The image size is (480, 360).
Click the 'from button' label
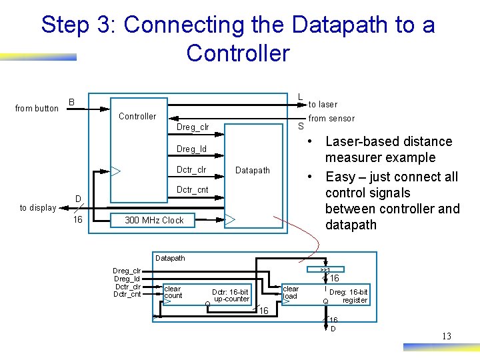(x=37, y=109)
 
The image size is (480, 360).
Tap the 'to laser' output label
(x=323, y=105)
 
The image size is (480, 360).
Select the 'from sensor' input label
(x=331, y=119)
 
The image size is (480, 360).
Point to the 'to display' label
(x=38, y=208)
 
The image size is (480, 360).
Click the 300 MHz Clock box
(x=154, y=220)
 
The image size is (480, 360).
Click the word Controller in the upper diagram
(x=137, y=117)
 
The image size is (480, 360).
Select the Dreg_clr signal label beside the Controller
(x=193, y=127)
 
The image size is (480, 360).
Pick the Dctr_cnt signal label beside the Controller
(x=193, y=190)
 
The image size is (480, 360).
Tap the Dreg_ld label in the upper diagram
(x=191, y=149)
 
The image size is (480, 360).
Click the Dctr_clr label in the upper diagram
(x=191, y=170)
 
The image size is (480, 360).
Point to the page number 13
(x=446, y=337)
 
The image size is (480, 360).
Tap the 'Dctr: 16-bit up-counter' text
(x=230, y=295)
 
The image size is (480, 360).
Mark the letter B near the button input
(x=71, y=103)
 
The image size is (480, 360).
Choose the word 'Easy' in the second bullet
(x=341, y=177)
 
